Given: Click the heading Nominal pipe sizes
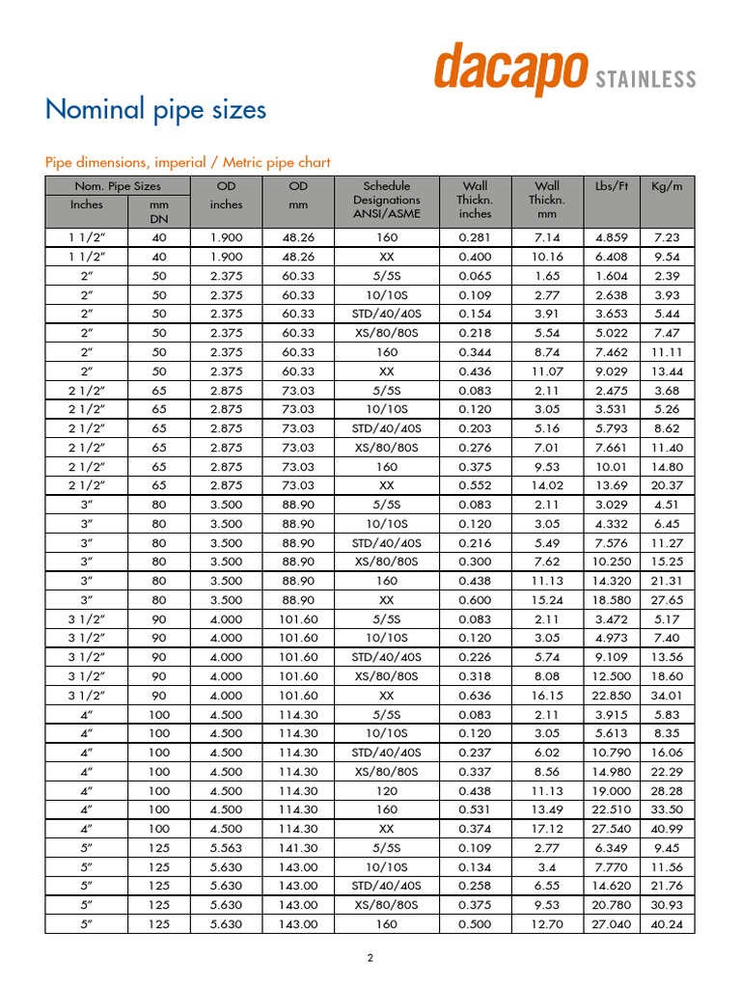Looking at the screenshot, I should [x=155, y=110].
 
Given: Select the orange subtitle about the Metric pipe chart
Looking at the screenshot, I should [x=188, y=162].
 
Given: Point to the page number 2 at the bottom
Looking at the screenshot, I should [x=370, y=958].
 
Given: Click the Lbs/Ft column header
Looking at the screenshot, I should [x=612, y=186].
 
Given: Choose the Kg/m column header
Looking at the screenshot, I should [x=667, y=186].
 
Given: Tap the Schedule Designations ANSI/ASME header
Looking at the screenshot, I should [x=386, y=200].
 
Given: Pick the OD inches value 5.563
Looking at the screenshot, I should [x=228, y=848].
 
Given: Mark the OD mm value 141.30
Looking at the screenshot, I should [x=298, y=848].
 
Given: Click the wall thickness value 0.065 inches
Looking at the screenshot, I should [x=474, y=274].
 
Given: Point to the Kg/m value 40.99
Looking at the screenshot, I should [x=667, y=830].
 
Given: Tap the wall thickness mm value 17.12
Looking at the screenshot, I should [x=547, y=830].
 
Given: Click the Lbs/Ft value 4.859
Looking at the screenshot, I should [x=612, y=237].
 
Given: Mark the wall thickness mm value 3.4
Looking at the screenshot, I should [x=547, y=866].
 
